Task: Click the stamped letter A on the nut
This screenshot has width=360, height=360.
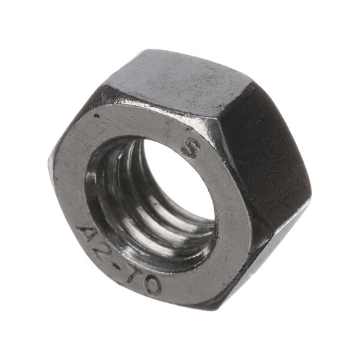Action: [x=88, y=233]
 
